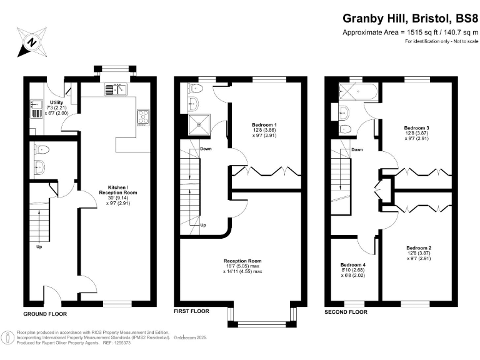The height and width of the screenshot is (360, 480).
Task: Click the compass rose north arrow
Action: (x=31, y=42)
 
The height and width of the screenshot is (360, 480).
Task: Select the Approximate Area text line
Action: (x=410, y=33)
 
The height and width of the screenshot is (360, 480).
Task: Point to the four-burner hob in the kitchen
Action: (x=143, y=117)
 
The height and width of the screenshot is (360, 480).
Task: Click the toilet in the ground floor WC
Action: (x=41, y=150)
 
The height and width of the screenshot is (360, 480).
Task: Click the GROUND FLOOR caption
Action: (x=45, y=313)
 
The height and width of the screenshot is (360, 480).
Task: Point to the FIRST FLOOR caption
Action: (x=191, y=311)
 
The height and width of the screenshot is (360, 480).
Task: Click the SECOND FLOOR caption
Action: (x=346, y=311)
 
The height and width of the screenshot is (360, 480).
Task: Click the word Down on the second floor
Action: (x=357, y=150)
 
